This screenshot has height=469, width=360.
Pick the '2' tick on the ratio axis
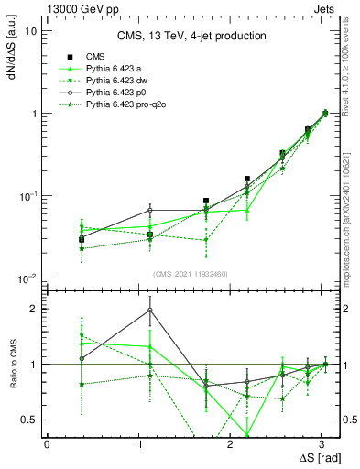click(x=34, y=309)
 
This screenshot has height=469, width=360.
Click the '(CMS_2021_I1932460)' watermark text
click(x=191, y=273)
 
